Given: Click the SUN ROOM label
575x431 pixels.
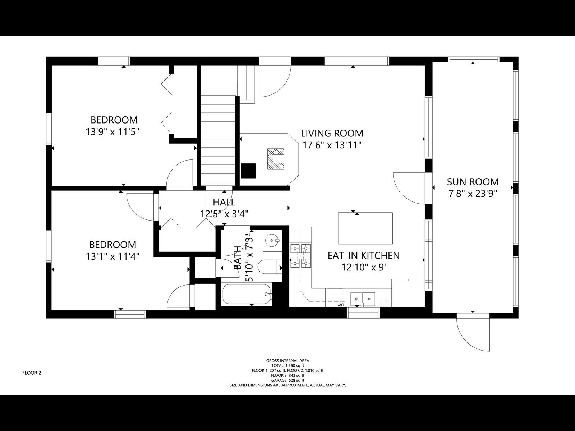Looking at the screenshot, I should tap(473, 182).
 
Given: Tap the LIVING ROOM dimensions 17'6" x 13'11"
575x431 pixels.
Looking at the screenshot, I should tap(332, 145).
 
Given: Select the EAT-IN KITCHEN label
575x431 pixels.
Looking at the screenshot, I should tap(363, 255).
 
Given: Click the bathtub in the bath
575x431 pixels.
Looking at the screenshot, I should tap(247, 295).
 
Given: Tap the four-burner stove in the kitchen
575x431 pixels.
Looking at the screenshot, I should tap(300, 256).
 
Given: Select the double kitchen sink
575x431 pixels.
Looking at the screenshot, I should tap(363, 298).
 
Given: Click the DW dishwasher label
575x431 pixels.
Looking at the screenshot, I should tap(340, 305).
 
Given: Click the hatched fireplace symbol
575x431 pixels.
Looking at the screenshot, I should tap(276, 159).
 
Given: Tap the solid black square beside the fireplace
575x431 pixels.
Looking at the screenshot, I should tap(248, 171).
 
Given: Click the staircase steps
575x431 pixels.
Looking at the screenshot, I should tap(218, 140).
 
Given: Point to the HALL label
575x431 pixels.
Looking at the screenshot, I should tap(224, 202).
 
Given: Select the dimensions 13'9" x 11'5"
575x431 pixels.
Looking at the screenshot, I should tap(112, 132).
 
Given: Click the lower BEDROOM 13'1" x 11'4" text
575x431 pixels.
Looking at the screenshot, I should tap(112, 250).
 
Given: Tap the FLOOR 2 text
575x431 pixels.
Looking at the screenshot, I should tap(32, 373).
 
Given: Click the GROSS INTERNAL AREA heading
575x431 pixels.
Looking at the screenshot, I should tap(287, 361).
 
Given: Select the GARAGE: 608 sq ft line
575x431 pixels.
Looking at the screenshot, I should tap(287, 380).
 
